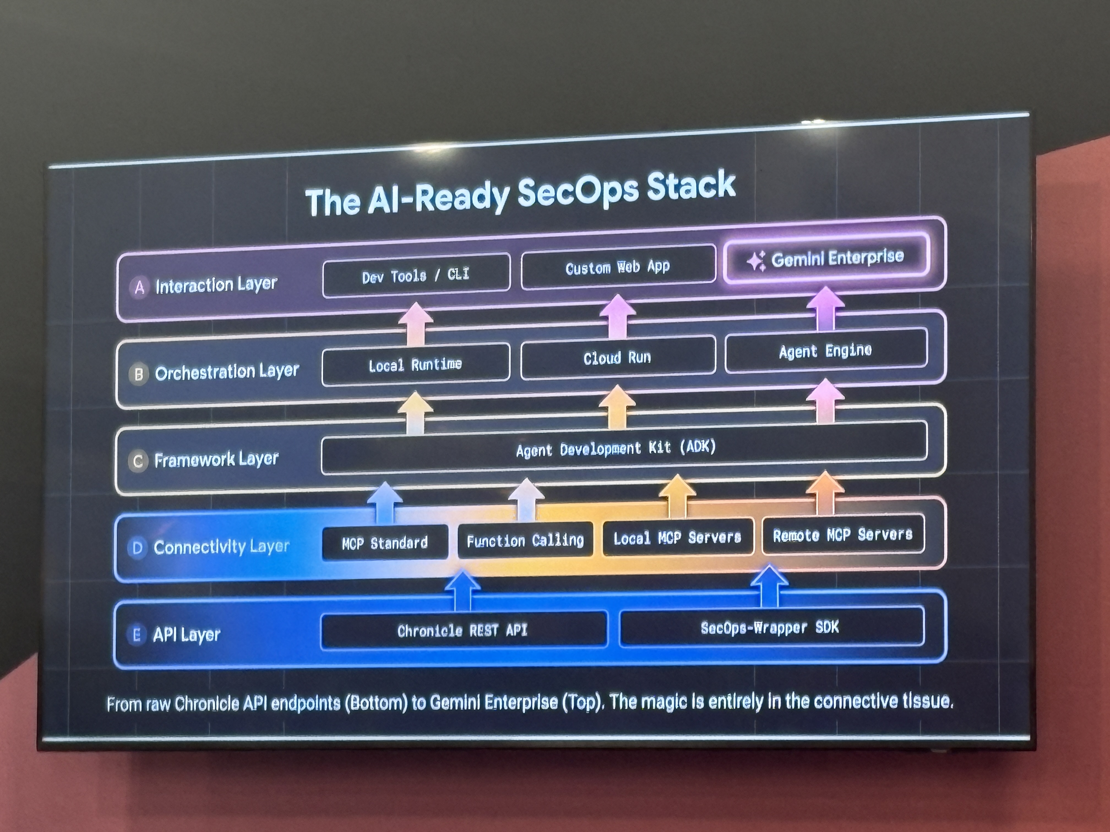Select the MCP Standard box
385,543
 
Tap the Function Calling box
525,540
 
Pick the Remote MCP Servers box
842,535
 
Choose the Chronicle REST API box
463,630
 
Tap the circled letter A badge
140,287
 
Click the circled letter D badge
137,548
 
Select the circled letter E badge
136,635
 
